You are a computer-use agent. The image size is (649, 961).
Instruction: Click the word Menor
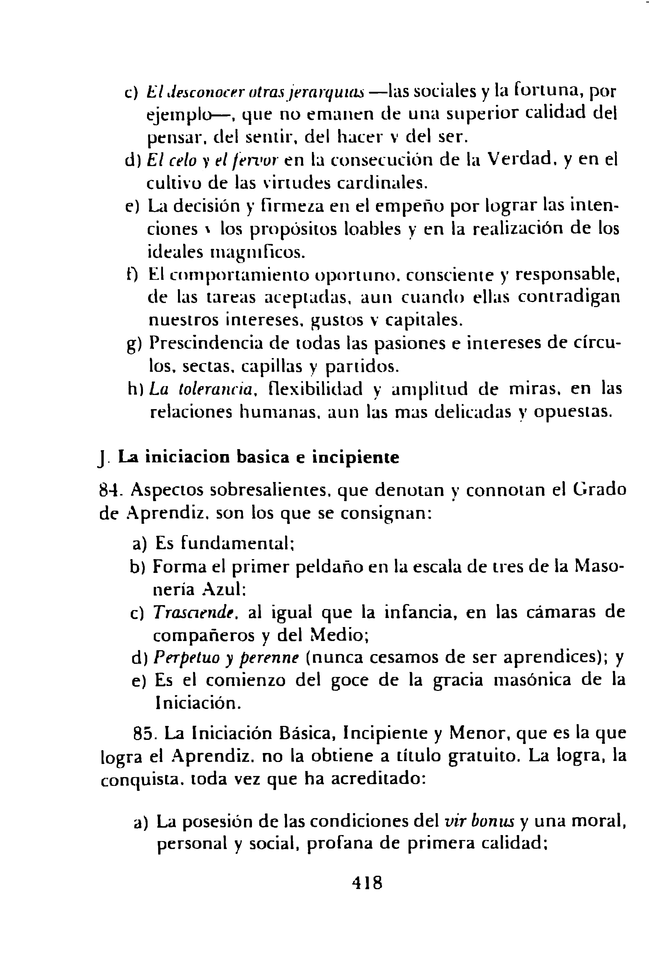tap(476, 734)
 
